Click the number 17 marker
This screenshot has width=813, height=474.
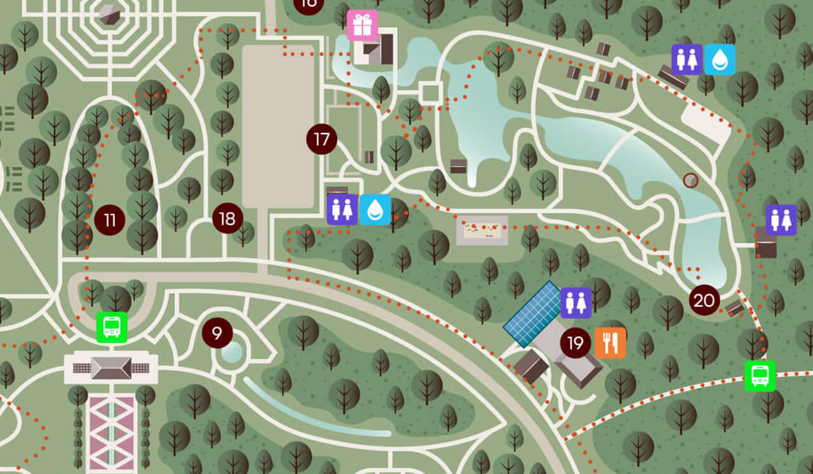(321, 139)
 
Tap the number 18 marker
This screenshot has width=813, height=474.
(227, 219)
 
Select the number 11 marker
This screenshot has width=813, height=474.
(110, 220)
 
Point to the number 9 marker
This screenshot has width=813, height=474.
(217, 333)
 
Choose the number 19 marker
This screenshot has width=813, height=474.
(575, 343)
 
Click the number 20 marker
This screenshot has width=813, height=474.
(704, 300)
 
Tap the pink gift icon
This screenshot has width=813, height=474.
(362, 25)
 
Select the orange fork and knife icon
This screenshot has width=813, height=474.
(610, 343)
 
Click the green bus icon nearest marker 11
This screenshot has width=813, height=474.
(112, 328)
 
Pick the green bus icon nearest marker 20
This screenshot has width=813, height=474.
(760, 376)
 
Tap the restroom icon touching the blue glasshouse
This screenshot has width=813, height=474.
(576, 302)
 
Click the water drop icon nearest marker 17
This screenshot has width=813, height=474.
(375, 210)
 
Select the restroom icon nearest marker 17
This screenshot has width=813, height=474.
(342, 210)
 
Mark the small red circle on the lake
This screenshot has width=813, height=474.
(690, 180)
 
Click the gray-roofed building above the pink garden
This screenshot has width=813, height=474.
(111, 368)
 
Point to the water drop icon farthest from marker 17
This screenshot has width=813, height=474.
(720, 60)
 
